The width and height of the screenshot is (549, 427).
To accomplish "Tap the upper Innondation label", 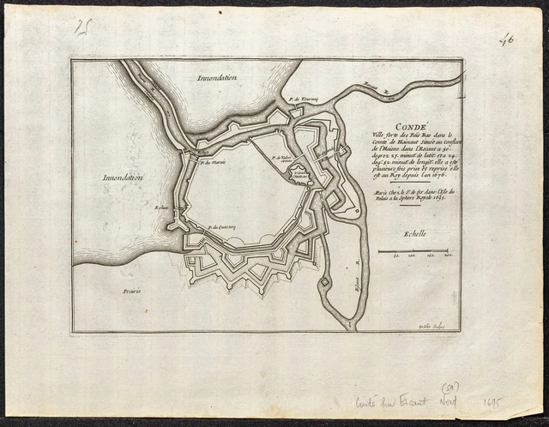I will point(218,77).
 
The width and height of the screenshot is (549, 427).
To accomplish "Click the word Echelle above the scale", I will point(420,232).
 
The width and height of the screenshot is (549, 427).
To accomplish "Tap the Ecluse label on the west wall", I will point(160,206).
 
